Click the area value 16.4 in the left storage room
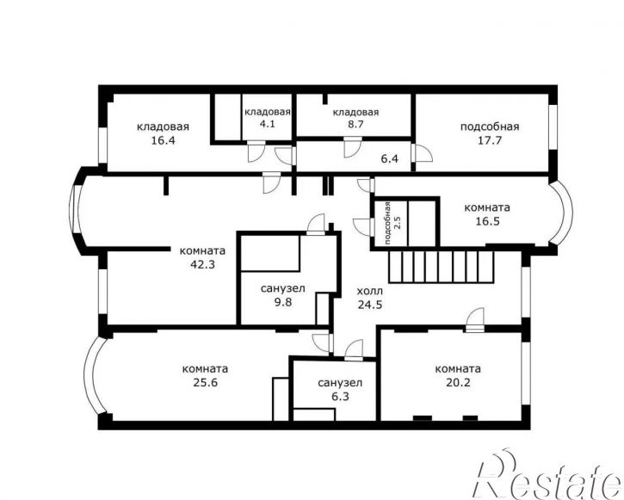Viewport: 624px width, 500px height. (164, 140)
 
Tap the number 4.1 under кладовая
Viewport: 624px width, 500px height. (268, 124)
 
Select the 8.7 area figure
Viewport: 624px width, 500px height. (355, 124)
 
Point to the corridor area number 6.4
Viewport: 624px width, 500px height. (390, 158)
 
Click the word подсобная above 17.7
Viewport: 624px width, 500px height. (490, 127)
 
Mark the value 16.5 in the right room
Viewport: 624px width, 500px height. (487, 221)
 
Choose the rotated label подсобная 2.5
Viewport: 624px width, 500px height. (392, 223)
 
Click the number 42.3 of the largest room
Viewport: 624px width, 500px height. (203, 264)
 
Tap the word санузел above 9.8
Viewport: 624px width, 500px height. (282, 288)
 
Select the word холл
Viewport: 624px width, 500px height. (370, 291)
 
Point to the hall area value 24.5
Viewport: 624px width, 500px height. (370, 305)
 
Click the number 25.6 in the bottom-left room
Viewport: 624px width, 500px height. (206, 383)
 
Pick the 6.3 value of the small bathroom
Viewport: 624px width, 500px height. (340, 397)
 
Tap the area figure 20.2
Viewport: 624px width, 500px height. (458, 383)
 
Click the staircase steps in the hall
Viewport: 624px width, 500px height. (442, 267)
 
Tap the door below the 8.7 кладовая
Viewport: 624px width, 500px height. (353, 147)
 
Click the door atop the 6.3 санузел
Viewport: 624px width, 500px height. (354, 350)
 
